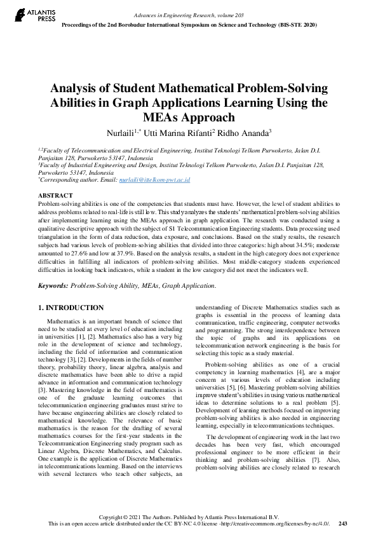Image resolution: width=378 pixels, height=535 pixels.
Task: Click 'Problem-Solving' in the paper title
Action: point(277,88)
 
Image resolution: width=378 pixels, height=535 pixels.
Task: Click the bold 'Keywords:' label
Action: point(53,287)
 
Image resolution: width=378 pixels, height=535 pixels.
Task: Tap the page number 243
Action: point(344,524)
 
